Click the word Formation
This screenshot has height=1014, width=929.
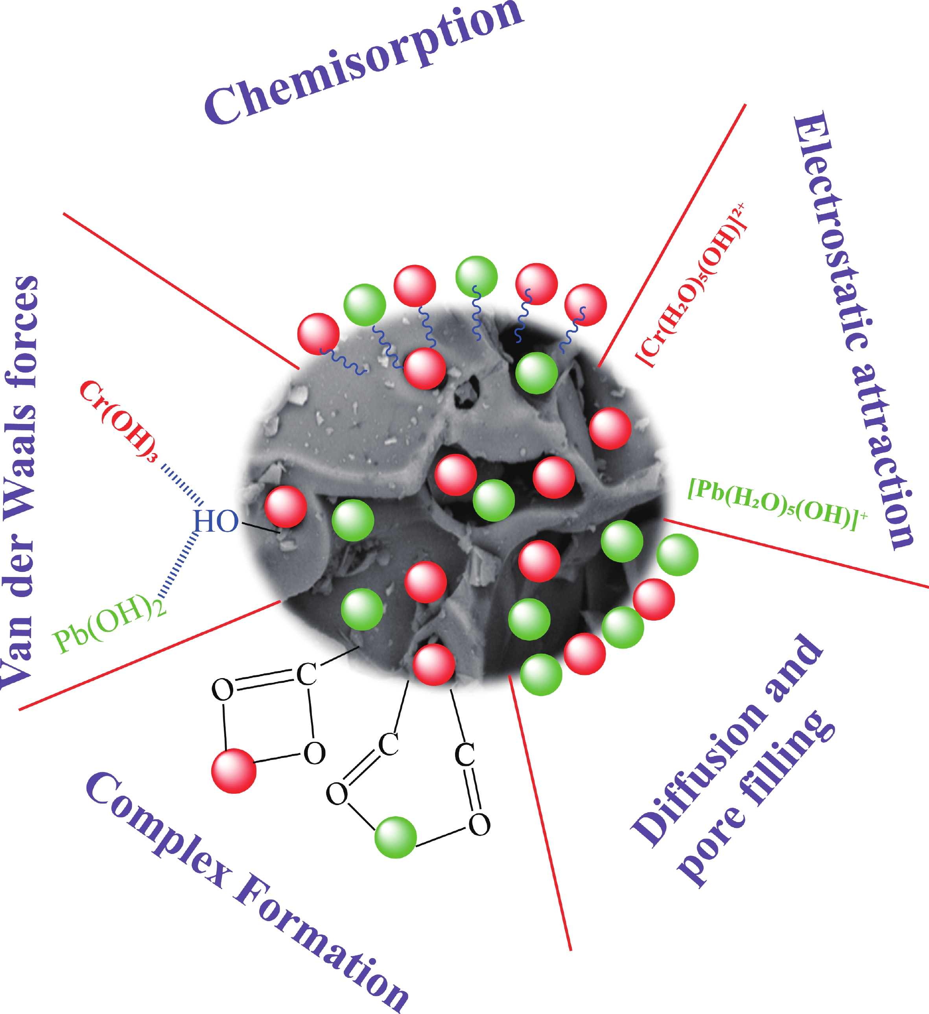click(x=322, y=946)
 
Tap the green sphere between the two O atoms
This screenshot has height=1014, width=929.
click(x=396, y=837)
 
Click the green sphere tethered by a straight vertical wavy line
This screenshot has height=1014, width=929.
click(x=476, y=276)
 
